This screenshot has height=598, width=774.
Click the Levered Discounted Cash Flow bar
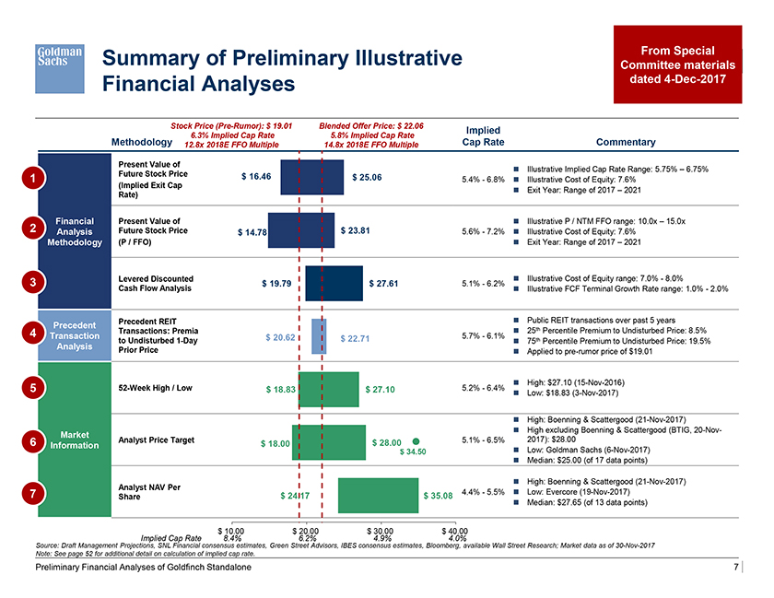click(334, 284)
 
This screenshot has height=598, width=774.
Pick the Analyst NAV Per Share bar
click(378, 496)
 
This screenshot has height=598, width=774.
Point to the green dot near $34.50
click(416, 440)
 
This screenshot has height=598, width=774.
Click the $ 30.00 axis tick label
click(379, 531)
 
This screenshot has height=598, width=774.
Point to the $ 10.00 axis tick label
click(230, 531)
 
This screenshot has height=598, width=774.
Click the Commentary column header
click(626, 142)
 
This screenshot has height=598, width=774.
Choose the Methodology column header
click(141, 142)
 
